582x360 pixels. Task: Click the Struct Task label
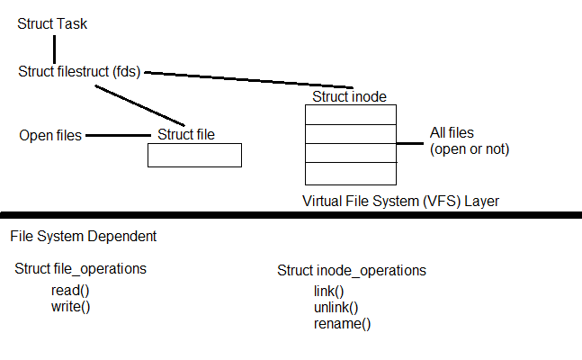pyautogui.click(x=52, y=23)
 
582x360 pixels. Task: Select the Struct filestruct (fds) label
pyautogui.click(x=79, y=71)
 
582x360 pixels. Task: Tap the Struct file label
pyautogui.click(x=186, y=135)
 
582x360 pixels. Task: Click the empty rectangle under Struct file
pyautogui.click(x=194, y=156)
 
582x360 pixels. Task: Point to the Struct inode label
pyautogui.click(x=350, y=96)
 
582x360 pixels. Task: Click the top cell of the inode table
pyautogui.click(x=350, y=114)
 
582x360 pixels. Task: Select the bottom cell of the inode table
pyautogui.click(x=350, y=174)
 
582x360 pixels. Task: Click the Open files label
pyautogui.click(x=50, y=136)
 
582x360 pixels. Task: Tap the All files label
pyautogui.click(x=453, y=134)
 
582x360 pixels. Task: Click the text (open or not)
pyautogui.click(x=470, y=149)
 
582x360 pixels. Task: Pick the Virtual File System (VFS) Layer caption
pyautogui.click(x=400, y=202)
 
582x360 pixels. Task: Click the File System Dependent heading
pyautogui.click(x=84, y=237)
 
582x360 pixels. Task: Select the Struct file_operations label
pyautogui.click(x=80, y=269)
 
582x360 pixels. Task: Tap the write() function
pyautogui.click(x=72, y=307)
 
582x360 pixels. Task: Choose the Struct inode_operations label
pyautogui.click(x=352, y=271)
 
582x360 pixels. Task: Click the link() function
pyautogui.click(x=328, y=292)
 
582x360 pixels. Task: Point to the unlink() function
pyautogui.click(x=336, y=308)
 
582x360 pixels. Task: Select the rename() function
pyautogui.click(x=342, y=324)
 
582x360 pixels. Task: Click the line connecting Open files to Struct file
pyautogui.click(x=117, y=136)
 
